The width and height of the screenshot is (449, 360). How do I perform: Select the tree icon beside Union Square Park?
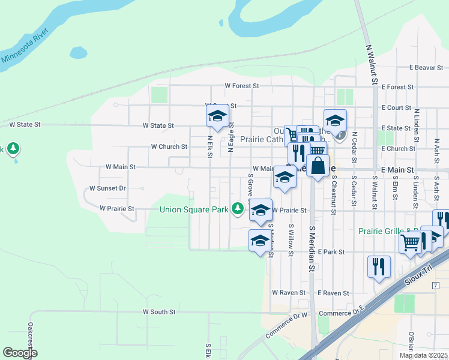point(238,208)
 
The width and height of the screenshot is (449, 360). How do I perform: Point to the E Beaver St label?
point(426,68)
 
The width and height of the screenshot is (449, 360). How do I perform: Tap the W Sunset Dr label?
point(107,188)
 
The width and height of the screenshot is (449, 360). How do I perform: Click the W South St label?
point(159,312)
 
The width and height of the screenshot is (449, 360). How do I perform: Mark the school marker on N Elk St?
point(217,116)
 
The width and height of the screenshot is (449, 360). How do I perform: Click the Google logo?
point(20,353)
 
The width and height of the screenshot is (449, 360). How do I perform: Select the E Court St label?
point(396,108)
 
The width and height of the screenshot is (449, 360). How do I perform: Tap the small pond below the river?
point(78,53)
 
